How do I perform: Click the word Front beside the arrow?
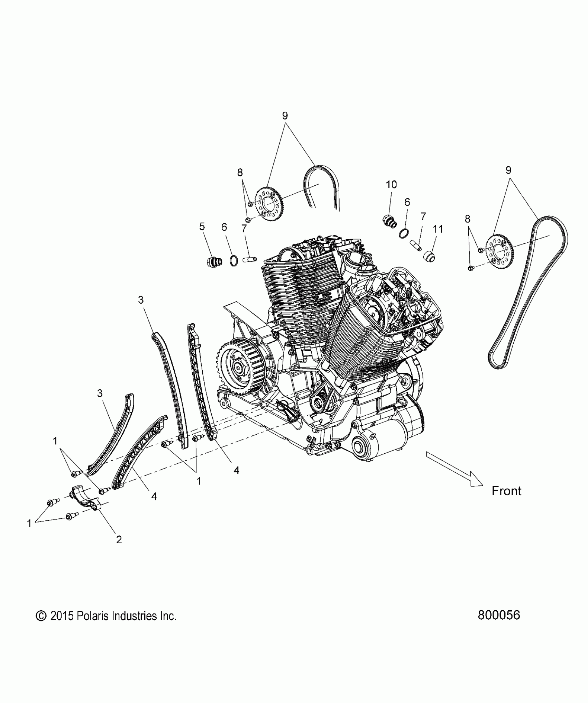[x=506, y=491]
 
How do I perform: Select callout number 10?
[x=391, y=185]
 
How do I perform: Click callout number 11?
[x=438, y=229]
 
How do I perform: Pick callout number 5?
[x=202, y=227]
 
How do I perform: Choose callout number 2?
[x=119, y=549]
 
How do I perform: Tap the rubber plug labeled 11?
[x=430, y=257]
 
